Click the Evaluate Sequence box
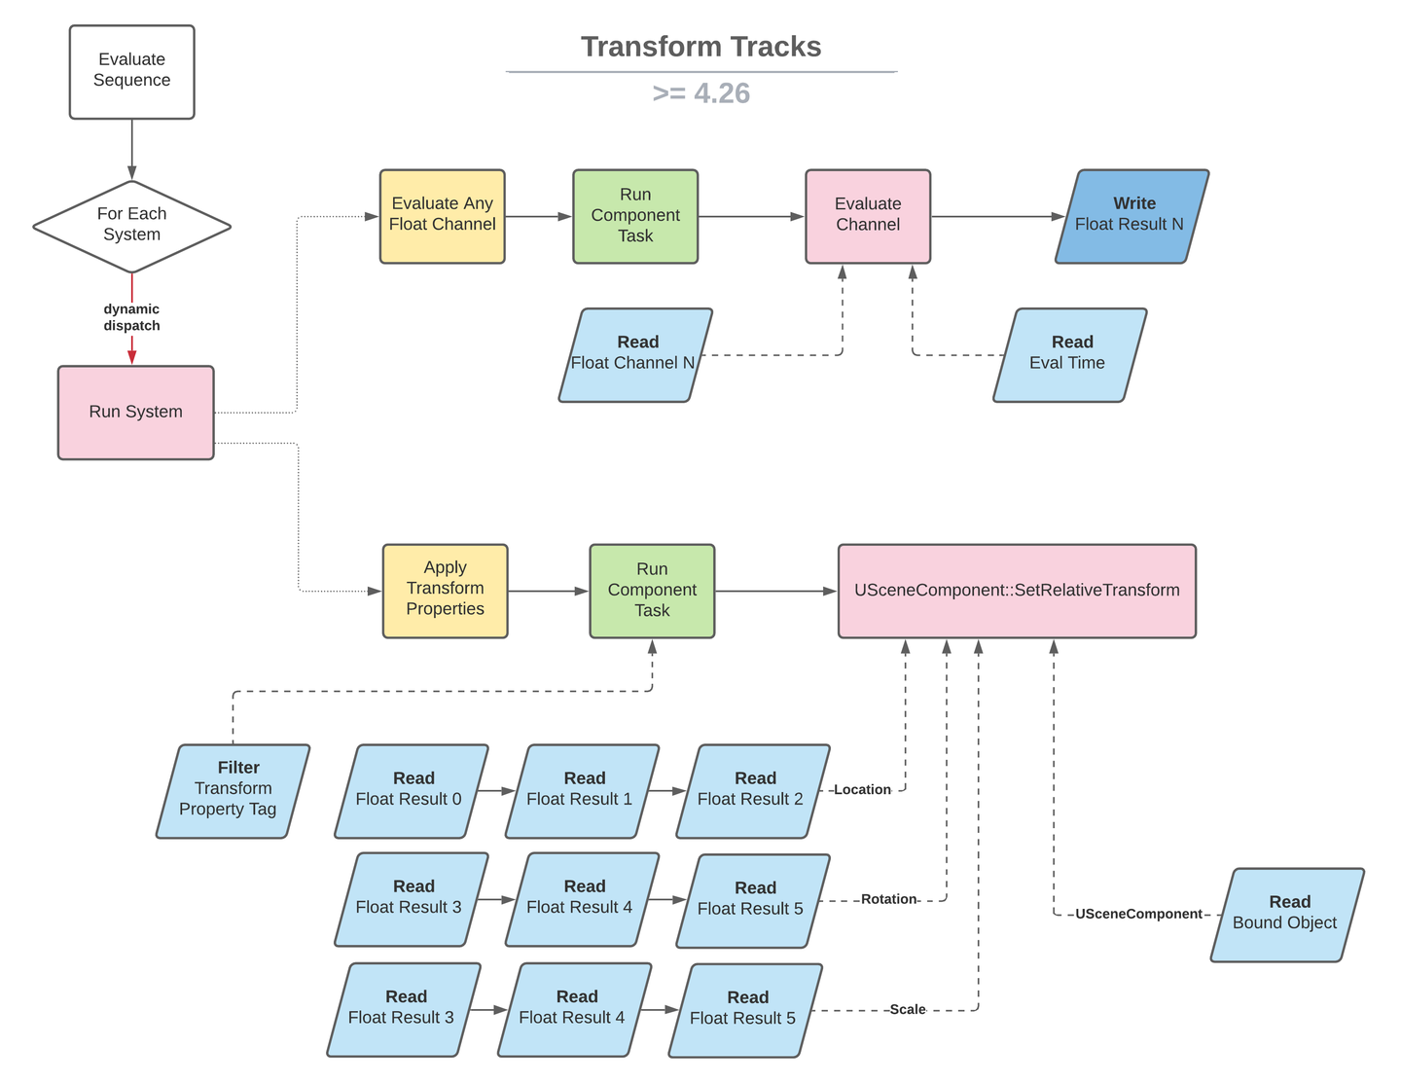[131, 72]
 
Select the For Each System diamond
[131, 227]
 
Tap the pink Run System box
[135, 413]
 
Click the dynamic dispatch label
[131, 317]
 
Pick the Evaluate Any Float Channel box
[442, 217]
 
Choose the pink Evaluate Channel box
[868, 217]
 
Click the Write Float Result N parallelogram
[1132, 217]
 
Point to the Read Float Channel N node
[635, 355]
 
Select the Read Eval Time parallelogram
[1069, 355]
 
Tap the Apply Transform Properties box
[445, 592]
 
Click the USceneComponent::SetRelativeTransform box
[1017, 592]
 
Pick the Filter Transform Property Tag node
[233, 791]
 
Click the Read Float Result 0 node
[412, 791]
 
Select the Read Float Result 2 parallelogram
[753, 791]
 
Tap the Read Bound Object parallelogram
[1287, 915]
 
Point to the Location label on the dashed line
[862, 790]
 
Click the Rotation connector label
[888, 899]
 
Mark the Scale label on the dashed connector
[907, 1009]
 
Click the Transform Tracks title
[700, 47]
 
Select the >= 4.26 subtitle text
[700, 93]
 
